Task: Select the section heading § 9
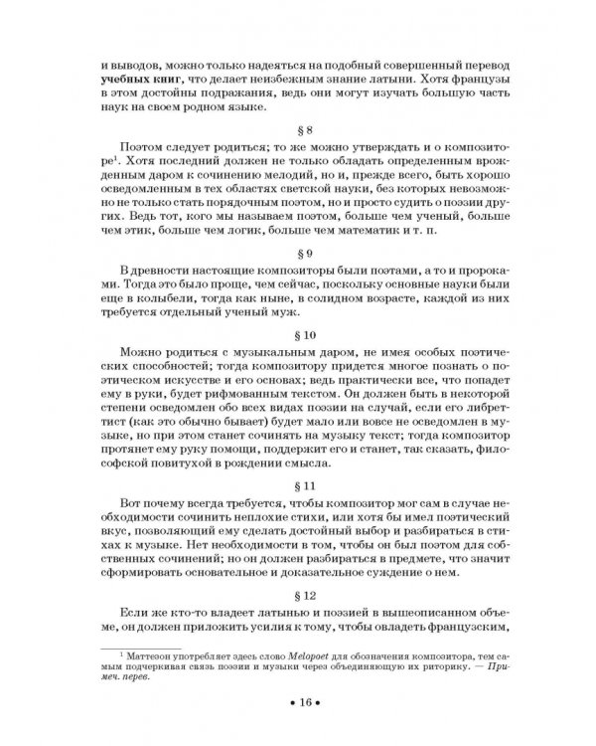pyautogui.click(x=307, y=254)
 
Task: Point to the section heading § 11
pyautogui.click(x=307, y=487)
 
